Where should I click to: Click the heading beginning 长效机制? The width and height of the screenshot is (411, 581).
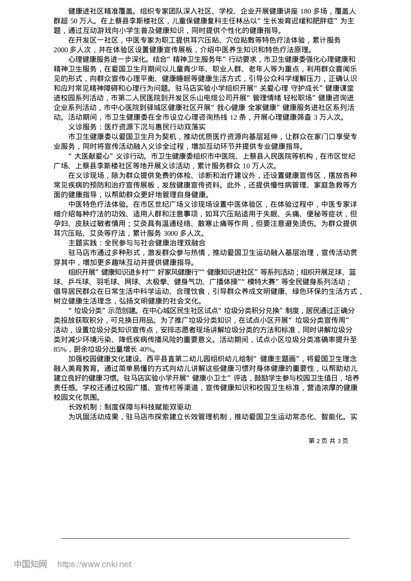pos(129,407)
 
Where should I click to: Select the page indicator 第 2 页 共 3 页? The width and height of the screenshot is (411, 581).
pos(328,441)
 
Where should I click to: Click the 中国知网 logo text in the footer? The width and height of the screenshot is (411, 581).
pos(30,564)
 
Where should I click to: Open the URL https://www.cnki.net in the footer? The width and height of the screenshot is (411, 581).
pos(94,564)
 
